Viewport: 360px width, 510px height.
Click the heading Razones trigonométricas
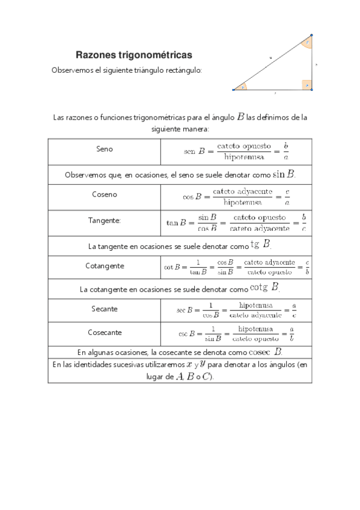pyautogui.click(x=133, y=55)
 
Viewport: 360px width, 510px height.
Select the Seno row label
pyautogui.click(x=104, y=149)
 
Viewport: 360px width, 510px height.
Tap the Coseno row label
pyautogui.click(x=105, y=194)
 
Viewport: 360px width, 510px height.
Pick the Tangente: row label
pyautogui.click(x=104, y=221)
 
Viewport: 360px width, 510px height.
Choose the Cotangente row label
pyautogui.click(x=105, y=265)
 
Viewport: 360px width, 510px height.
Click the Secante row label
pyautogui.click(x=105, y=309)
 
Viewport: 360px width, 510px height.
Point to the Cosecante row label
pyautogui.click(x=105, y=332)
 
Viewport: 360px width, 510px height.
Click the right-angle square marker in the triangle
pyautogui.click(x=307, y=85)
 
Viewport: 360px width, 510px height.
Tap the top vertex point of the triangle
pyautogui.click(x=311, y=35)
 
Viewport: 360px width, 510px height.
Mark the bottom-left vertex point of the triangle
pyautogui.click(x=233, y=90)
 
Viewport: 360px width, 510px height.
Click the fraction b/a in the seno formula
pyautogui.click(x=286, y=151)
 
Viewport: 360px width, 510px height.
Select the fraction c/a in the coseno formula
pyautogui.click(x=287, y=197)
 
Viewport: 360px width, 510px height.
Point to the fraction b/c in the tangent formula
pyautogui.click(x=304, y=223)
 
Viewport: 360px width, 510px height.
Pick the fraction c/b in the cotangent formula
pyautogui.click(x=307, y=267)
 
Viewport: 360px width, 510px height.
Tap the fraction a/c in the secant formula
pyautogui.click(x=293, y=310)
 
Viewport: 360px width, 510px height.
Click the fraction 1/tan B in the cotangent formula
pyautogui.click(x=194, y=267)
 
